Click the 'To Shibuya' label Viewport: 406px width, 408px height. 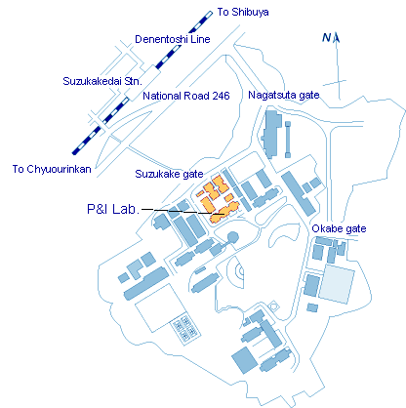tap(243, 13)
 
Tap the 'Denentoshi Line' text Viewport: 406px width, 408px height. tap(173, 39)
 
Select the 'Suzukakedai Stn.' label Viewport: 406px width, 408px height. tap(102, 81)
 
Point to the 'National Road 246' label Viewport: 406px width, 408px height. tap(186, 96)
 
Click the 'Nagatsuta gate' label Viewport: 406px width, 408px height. tap(284, 96)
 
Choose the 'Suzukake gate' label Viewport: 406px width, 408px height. tap(169, 174)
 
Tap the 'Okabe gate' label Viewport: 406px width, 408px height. tap(339, 228)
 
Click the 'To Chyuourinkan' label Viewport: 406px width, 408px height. tap(52, 169)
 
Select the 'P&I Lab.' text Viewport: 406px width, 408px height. tap(113, 209)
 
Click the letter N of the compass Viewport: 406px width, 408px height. tap(326, 38)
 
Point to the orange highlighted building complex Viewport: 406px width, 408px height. tap(218, 200)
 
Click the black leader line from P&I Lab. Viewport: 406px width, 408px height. tap(183, 212)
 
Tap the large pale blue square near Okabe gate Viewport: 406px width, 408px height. tap(337, 284)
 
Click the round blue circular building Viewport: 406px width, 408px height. tap(232, 237)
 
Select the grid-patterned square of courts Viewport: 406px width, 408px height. tap(185, 327)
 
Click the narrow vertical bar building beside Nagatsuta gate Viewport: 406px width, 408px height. tap(288, 140)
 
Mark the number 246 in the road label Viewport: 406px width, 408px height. tap(221, 96)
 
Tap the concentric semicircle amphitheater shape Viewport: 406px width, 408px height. tap(236, 272)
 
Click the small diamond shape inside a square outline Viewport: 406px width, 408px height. tap(274, 306)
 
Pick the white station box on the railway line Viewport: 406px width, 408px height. tap(143, 83)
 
